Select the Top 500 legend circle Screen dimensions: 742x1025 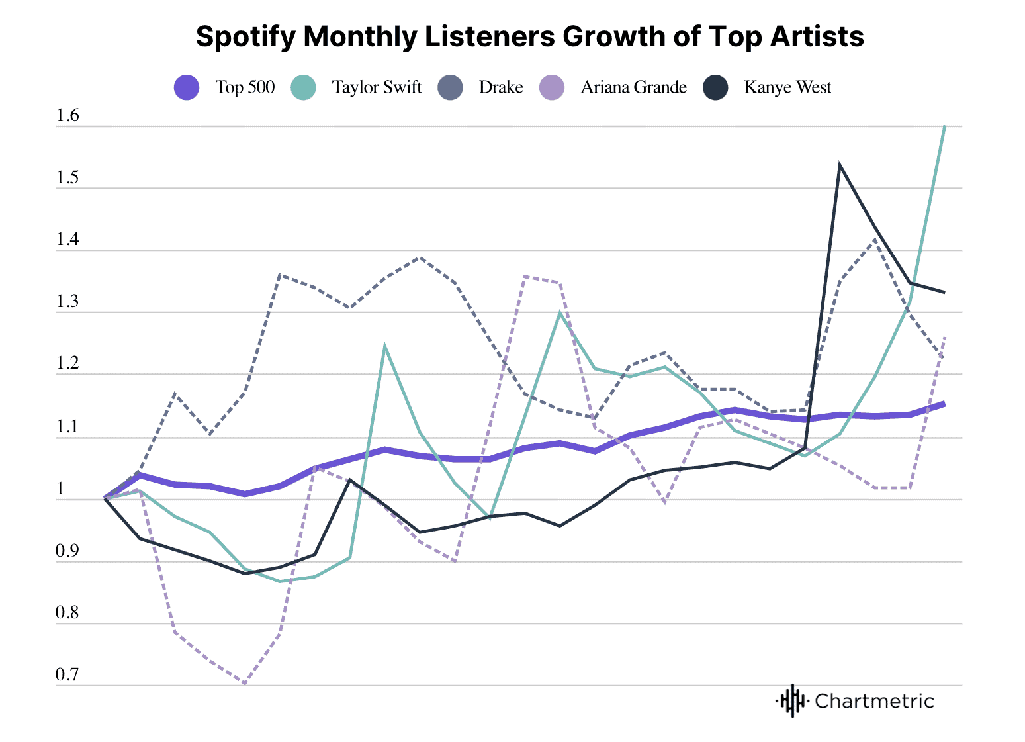[x=187, y=87]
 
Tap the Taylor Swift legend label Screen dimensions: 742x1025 [x=376, y=87]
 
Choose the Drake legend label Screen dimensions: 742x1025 [x=501, y=87]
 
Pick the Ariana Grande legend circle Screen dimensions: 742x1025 [x=552, y=87]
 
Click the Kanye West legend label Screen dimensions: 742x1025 [x=787, y=87]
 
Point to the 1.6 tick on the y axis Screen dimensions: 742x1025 [x=67, y=116]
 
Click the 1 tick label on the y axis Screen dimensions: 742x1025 [x=60, y=489]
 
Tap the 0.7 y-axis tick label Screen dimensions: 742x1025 [x=67, y=675]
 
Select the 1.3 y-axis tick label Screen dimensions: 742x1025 [x=67, y=302]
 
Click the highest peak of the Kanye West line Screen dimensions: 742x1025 [x=840, y=163]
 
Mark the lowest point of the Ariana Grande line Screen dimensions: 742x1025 [x=245, y=684]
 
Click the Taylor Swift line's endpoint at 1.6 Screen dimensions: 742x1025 [x=944, y=126]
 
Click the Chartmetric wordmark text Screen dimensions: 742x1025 [x=874, y=701]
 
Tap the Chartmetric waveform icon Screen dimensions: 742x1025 [x=792, y=701]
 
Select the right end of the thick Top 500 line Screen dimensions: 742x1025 [x=944, y=404]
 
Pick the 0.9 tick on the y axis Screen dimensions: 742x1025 [x=67, y=551]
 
